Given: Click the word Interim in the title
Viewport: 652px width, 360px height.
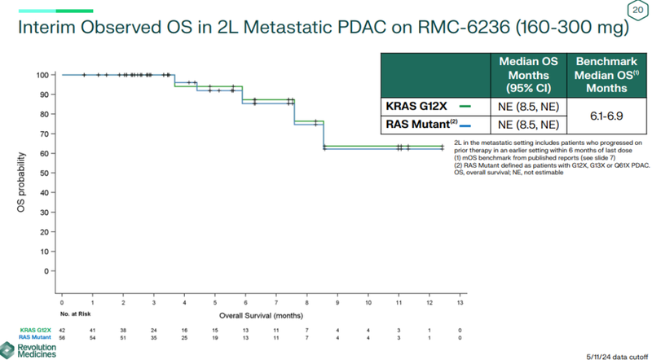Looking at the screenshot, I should [x=48, y=30].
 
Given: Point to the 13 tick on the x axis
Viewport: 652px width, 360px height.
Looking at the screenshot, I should [x=460, y=301].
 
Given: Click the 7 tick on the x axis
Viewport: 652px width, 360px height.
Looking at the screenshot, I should [x=276, y=301].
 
